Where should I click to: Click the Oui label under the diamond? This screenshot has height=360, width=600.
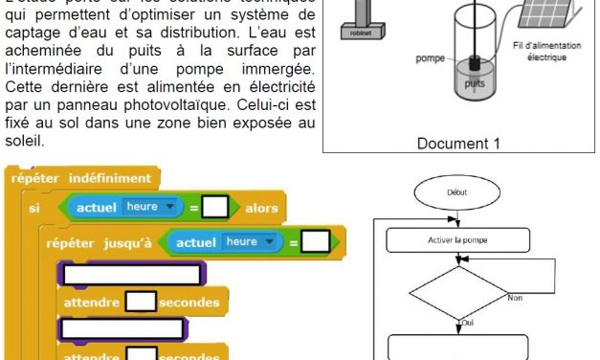click(467, 322)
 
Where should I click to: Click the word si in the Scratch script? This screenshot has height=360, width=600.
click(34, 208)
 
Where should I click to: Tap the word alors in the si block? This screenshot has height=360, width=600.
click(261, 208)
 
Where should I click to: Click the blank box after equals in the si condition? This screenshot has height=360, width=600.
click(215, 207)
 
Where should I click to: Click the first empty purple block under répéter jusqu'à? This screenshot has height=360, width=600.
click(133, 274)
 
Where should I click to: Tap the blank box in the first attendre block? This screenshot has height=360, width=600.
click(141, 303)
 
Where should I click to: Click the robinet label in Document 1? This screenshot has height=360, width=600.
click(357, 56)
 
